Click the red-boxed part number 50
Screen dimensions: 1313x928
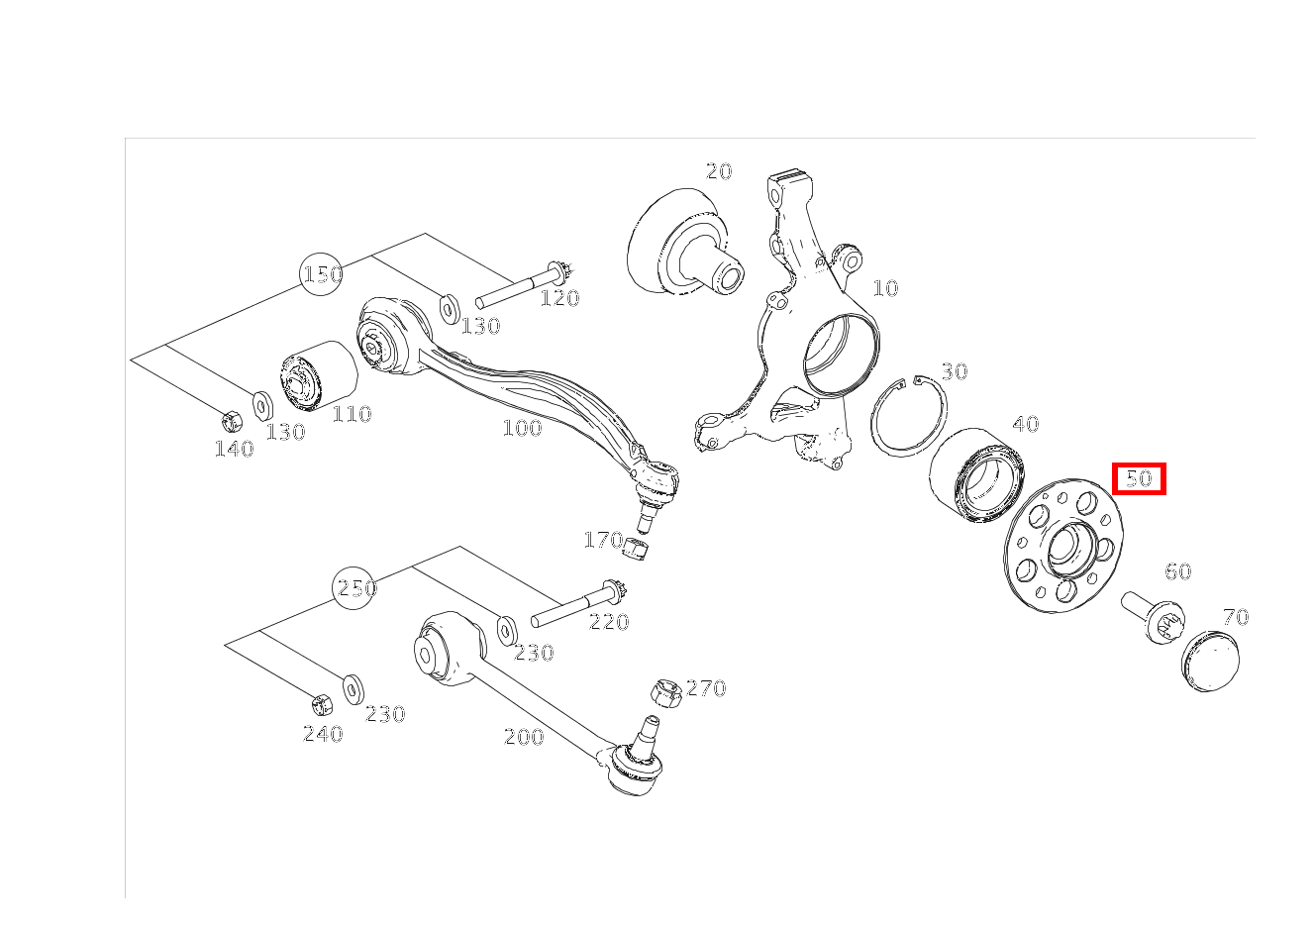1139,478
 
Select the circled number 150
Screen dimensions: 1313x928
321,273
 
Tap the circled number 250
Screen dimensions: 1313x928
353,587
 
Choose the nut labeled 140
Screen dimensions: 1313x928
232,420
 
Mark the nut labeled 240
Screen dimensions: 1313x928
321,704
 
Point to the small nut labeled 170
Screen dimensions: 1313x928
636,548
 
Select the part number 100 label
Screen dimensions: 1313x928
522,428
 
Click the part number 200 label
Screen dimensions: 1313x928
524,737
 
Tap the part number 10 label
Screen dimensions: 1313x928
885,288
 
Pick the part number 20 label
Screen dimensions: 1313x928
719,171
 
